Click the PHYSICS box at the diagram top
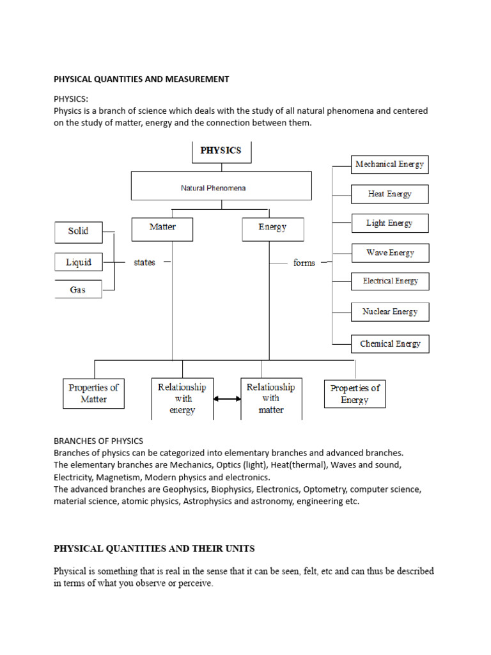(221, 152)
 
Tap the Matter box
(162, 229)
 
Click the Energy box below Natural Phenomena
(272, 229)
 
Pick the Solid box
(78, 232)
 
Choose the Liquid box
(78, 262)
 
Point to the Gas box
(78, 290)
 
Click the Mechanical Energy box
(389, 164)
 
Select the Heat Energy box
(389, 194)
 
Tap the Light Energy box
(389, 223)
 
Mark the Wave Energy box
(389, 253)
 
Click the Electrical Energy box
(389, 281)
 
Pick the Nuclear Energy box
(389, 312)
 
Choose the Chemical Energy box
(389, 344)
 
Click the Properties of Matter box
(93, 393)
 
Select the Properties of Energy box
(354, 393)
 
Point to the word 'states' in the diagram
(144, 262)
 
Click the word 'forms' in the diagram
(304, 263)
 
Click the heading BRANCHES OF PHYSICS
(98, 441)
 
